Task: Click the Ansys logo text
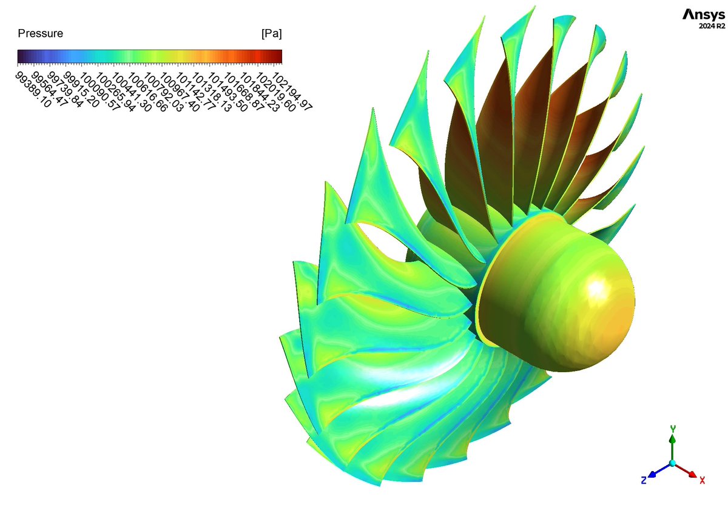(x=704, y=15)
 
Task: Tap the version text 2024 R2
(x=712, y=26)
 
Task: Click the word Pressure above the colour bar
(x=40, y=33)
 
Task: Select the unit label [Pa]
(x=271, y=34)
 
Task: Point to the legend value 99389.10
(x=33, y=90)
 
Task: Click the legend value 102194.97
(x=292, y=91)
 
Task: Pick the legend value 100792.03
(x=163, y=92)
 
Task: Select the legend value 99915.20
(x=81, y=90)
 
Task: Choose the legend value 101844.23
(x=260, y=92)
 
